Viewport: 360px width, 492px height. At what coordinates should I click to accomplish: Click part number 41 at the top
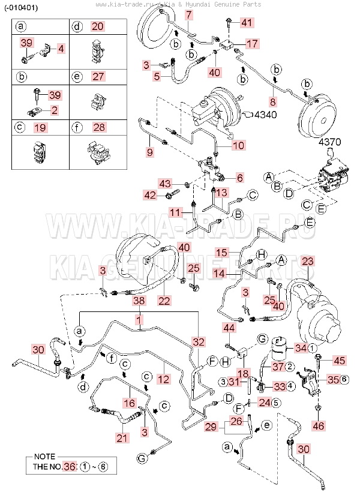(247, 23)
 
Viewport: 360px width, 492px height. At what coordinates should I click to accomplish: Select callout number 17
(252, 44)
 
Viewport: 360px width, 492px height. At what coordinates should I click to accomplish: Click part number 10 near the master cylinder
(238, 145)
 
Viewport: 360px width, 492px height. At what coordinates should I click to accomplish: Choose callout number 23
(308, 261)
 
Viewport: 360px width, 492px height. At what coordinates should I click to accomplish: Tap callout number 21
(122, 438)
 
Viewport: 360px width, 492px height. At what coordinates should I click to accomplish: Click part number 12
(164, 379)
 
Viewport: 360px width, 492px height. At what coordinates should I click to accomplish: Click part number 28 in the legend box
(99, 127)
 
